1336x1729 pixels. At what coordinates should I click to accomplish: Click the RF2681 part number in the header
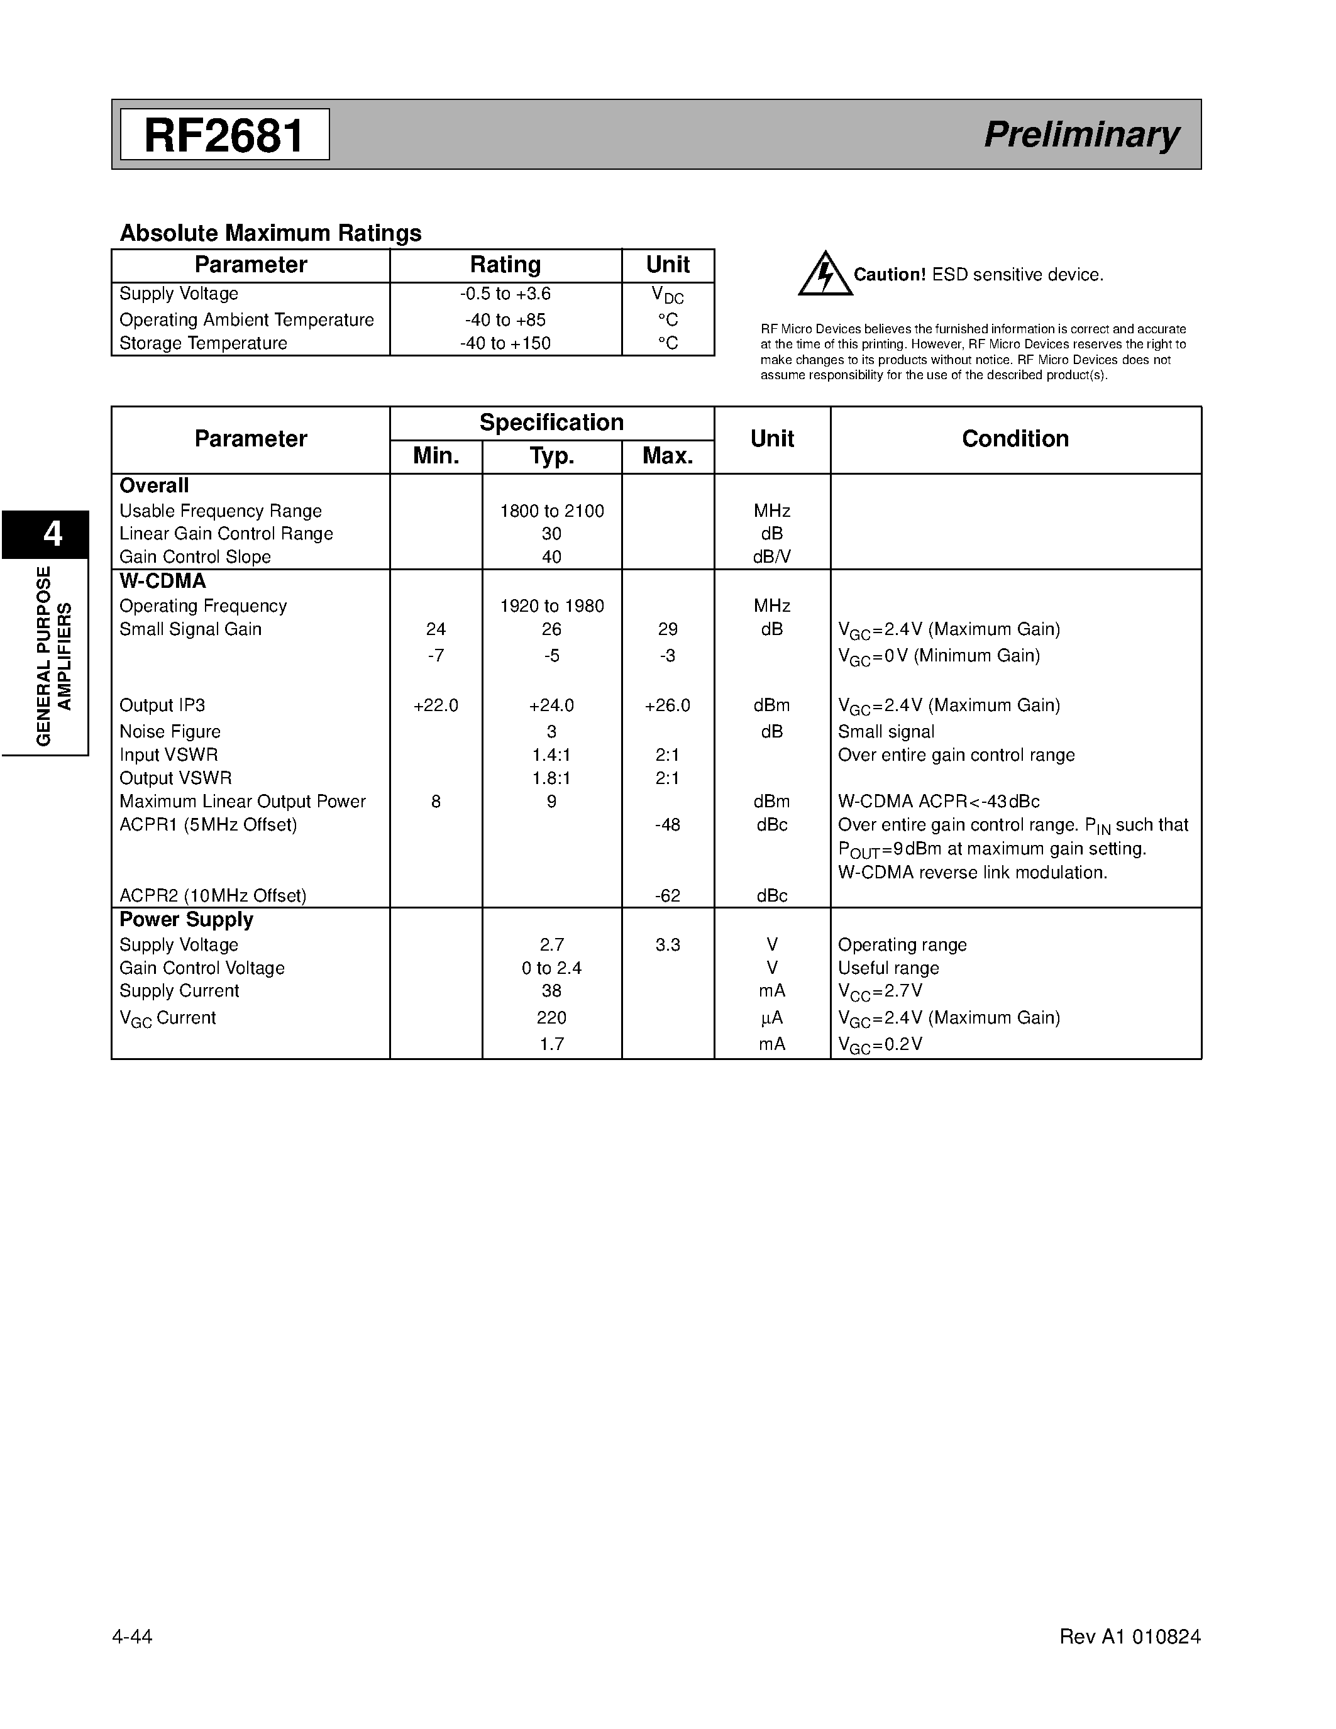point(224,135)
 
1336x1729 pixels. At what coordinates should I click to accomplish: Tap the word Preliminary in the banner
point(1081,135)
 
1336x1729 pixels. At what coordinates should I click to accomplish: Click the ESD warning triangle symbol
point(825,274)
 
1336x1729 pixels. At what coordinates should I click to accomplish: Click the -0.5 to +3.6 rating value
point(505,294)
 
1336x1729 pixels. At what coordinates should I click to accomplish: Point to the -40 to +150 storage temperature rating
point(505,343)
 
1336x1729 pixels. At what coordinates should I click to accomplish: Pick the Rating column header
point(505,265)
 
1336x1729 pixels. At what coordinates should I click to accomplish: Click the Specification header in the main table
point(551,423)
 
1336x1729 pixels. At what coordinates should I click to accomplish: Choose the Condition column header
point(1015,439)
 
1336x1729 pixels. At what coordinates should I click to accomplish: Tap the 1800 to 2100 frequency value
point(551,511)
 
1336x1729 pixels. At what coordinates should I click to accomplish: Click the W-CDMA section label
point(162,581)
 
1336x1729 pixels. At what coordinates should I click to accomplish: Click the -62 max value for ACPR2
point(667,896)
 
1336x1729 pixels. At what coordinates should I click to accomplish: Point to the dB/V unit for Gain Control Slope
point(771,557)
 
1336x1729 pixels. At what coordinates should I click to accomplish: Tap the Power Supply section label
point(186,920)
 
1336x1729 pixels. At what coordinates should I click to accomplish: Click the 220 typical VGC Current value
point(551,1018)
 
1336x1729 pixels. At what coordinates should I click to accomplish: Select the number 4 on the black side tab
point(52,534)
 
